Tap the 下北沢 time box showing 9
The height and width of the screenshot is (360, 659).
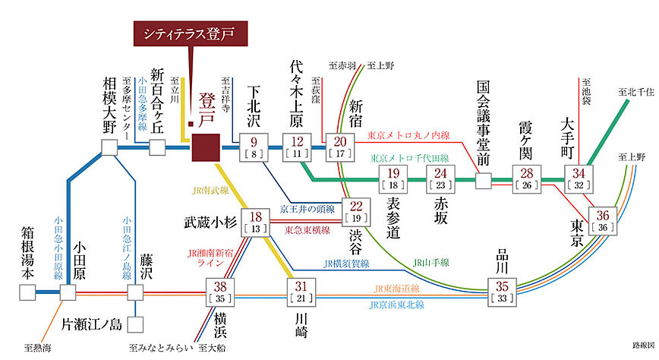click(254, 146)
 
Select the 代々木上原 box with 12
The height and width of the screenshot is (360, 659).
click(298, 146)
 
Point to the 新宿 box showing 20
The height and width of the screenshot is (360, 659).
click(340, 146)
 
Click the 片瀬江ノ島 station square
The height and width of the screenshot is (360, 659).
click(135, 325)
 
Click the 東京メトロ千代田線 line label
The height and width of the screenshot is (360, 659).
click(409, 159)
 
